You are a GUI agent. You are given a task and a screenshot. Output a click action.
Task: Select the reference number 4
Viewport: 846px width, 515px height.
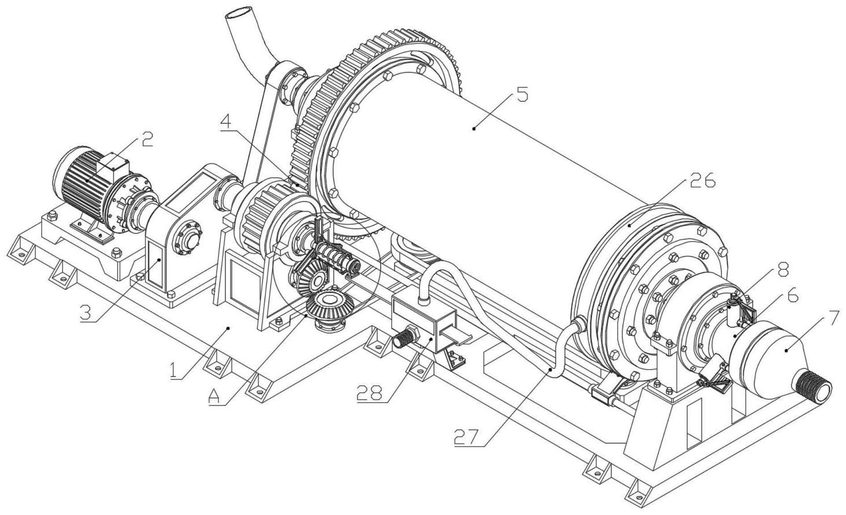[x=227, y=122]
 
